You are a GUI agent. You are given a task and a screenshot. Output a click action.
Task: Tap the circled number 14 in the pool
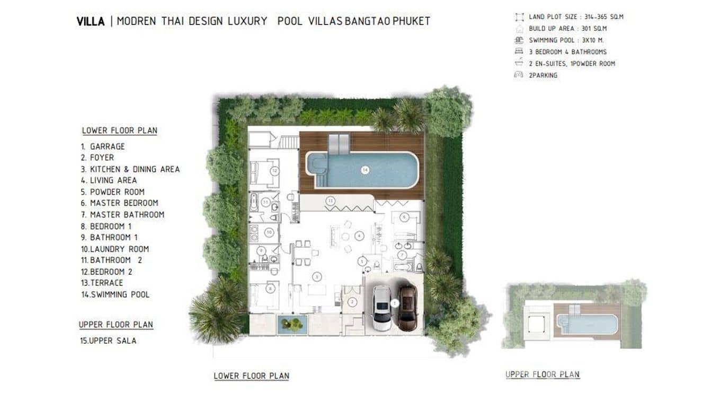point(365,170)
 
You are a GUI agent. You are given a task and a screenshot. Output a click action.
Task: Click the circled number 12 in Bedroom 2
point(274,171)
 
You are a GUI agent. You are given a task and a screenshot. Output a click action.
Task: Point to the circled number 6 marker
point(404,217)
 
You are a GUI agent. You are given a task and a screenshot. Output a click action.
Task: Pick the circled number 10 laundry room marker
point(269,232)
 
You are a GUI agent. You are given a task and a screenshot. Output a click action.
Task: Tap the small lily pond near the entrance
point(292,324)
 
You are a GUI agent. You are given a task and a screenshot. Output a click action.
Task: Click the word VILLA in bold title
point(91,22)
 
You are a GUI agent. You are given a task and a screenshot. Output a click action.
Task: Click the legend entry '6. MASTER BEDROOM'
point(119,203)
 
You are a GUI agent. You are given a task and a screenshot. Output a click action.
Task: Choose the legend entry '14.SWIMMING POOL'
point(115,294)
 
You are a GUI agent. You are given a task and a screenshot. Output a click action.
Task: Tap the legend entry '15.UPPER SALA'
point(108,341)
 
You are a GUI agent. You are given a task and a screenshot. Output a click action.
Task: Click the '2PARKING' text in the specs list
point(543,75)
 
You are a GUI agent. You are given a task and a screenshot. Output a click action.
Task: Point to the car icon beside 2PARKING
point(518,75)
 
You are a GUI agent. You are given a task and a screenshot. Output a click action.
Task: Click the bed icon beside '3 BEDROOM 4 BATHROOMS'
point(518,52)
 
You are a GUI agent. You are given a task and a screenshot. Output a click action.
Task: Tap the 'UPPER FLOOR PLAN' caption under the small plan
point(543,375)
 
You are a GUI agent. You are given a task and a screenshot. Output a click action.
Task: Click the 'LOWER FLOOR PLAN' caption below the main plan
point(251,376)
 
